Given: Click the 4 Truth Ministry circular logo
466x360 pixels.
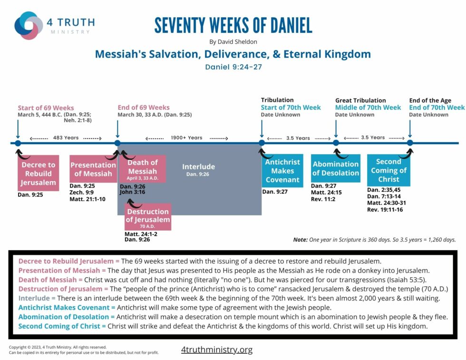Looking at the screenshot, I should pyautogui.click(x=29, y=26).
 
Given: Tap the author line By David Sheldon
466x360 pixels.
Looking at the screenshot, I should pyautogui.click(x=233, y=42).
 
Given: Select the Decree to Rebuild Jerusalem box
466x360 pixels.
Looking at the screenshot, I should pyautogui.click(x=38, y=173).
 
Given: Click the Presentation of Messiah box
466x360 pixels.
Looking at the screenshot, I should pyautogui.click(x=93, y=169).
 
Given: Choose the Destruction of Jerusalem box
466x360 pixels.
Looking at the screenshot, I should pyautogui.click(x=147, y=216).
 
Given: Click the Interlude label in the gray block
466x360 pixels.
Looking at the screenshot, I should pyautogui.click(x=198, y=167).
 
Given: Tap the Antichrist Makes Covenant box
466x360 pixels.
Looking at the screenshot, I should pyautogui.click(x=282, y=171).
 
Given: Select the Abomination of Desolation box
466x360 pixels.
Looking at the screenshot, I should pyautogui.click(x=336, y=168).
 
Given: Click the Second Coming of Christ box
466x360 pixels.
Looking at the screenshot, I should pyautogui.click(x=388, y=170).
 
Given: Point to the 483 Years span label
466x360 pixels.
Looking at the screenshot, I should pyautogui.click(x=65, y=138).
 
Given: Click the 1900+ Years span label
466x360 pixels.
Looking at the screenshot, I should pyautogui.click(x=186, y=138).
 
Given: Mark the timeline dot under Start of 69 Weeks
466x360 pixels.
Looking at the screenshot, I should pyautogui.click(x=18, y=143).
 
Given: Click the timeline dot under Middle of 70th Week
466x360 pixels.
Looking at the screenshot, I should pyautogui.click(x=336, y=143).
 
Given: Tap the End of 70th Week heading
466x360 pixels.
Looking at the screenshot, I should pyautogui.click(x=437, y=107).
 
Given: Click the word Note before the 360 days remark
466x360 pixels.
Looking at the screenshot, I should pyautogui.click(x=300, y=240).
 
